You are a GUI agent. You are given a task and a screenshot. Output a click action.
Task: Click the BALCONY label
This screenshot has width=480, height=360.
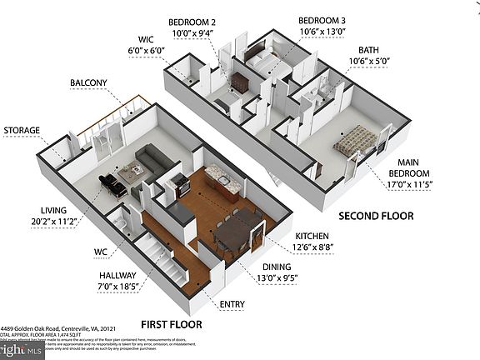pyautogui.click(x=87, y=82)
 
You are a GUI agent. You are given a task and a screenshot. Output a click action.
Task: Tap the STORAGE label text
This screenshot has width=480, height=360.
pyautogui.click(x=22, y=131)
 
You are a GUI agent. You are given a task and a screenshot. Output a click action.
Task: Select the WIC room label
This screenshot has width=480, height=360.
pyautogui.click(x=147, y=38)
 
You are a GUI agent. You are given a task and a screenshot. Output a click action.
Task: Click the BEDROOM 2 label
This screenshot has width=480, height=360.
pyautogui.click(x=192, y=22)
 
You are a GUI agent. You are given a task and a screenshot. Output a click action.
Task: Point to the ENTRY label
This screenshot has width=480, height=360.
pyautogui.click(x=232, y=304)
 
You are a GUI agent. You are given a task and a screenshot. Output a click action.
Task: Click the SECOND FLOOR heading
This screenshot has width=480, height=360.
pyautogui.click(x=374, y=216)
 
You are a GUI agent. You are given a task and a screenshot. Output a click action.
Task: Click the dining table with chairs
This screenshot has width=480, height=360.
pyautogui.click(x=235, y=229)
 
